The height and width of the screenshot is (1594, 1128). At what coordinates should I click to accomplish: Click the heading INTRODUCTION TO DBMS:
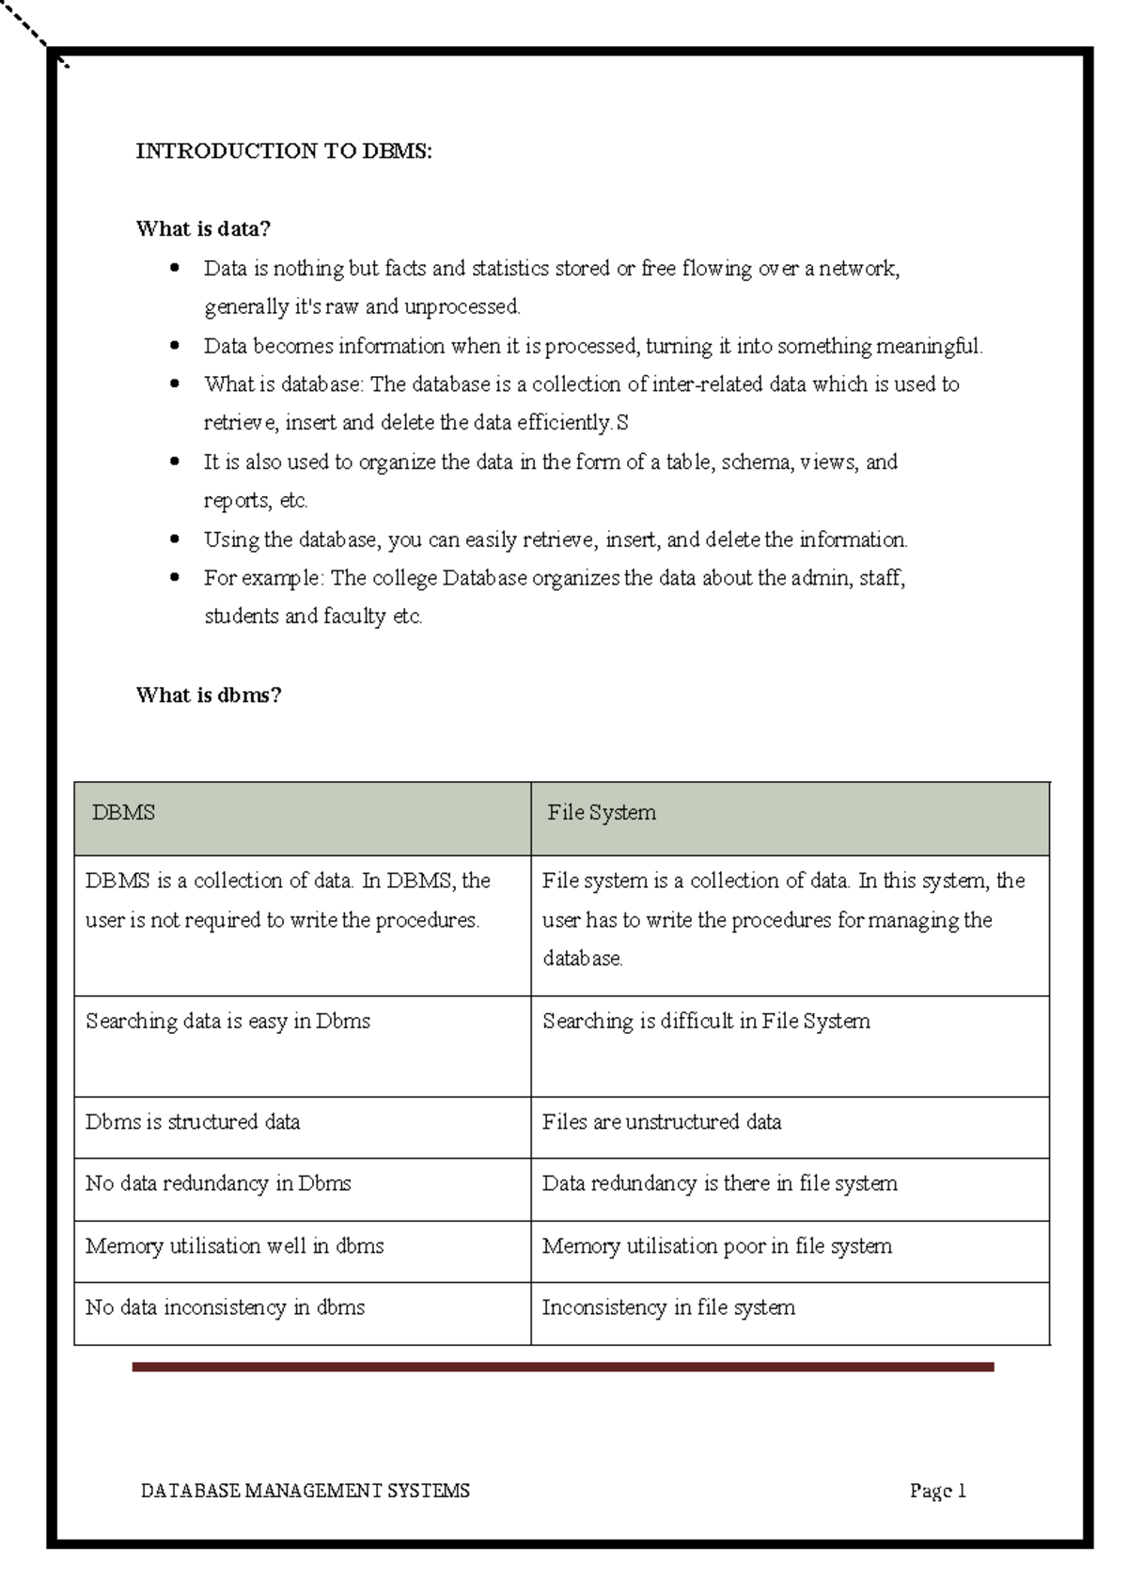point(284,151)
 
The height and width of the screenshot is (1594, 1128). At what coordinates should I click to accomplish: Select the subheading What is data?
point(203,228)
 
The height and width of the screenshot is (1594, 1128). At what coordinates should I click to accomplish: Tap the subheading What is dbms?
point(209,695)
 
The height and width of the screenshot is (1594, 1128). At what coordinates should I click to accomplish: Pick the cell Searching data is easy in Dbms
point(227,1022)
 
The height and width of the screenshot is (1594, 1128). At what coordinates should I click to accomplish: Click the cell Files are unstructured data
point(662,1122)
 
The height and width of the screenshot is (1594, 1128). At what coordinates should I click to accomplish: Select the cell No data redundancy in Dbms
point(218,1183)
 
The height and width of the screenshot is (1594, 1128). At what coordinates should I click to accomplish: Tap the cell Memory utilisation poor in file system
point(717,1246)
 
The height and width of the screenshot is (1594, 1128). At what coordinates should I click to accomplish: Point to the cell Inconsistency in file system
point(668,1307)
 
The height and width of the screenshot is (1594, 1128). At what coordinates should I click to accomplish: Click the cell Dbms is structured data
point(193,1122)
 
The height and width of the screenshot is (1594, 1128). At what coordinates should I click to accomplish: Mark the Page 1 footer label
point(938,1492)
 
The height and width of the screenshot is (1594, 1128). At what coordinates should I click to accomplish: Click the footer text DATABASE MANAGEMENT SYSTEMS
point(305,1492)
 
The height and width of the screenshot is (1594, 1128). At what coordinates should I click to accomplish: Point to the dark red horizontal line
point(562,1367)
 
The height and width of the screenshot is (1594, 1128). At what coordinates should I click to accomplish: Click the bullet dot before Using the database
point(174,539)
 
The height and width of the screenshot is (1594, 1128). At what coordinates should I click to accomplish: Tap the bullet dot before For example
point(174,578)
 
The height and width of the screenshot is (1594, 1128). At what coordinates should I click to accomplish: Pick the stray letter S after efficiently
point(622,424)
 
